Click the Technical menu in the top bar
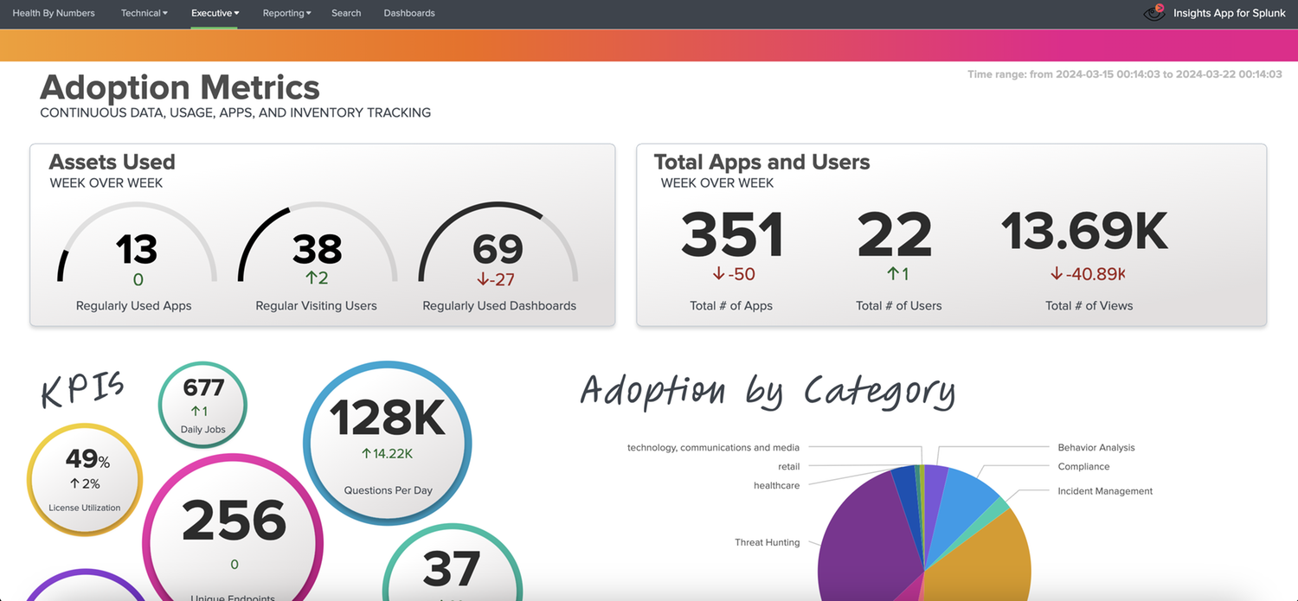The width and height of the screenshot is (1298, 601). click(x=145, y=13)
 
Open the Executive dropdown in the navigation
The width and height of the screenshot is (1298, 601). click(x=215, y=13)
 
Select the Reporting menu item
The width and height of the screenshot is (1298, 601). click(x=286, y=13)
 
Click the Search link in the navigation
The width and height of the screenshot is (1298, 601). click(x=346, y=13)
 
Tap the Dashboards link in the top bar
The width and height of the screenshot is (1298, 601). click(x=409, y=13)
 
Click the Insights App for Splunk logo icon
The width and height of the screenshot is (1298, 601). click(x=1154, y=13)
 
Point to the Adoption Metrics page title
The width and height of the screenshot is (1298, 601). click(x=180, y=87)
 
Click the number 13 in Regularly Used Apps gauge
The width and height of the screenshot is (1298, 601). click(x=136, y=250)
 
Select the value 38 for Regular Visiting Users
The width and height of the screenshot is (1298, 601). click(x=317, y=250)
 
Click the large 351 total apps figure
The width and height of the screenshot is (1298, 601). click(x=732, y=235)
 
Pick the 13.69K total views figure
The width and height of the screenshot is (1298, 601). click(x=1085, y=232)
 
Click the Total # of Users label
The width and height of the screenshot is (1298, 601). click(x=898, y=305)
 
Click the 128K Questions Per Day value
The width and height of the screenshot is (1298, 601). click(x=388, y=418)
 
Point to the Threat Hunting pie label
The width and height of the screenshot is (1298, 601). click(x=767, y=542)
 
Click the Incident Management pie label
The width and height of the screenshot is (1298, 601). click(x=1105, y=491)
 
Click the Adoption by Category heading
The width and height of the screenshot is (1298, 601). click(x=768, y=391)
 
